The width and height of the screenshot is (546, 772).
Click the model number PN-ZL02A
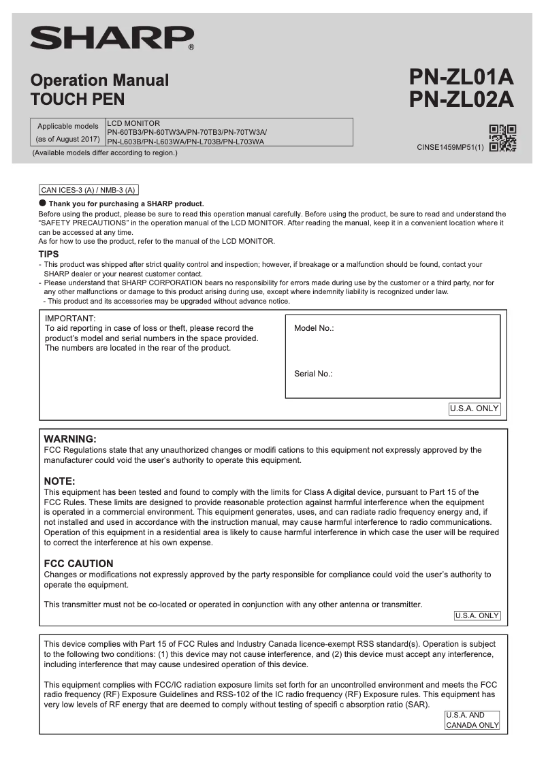tap(461, 100)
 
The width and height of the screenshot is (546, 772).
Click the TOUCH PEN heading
tap(78, 99)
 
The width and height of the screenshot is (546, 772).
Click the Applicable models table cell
tap(67, 132)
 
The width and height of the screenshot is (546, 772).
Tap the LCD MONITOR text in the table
tap(133, 123)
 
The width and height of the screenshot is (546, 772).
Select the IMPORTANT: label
tap(70, 318)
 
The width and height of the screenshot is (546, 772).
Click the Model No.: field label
tap(314, 328)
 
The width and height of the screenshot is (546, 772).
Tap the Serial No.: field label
tap(313, 374)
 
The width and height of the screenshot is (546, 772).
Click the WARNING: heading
tap(70, 439)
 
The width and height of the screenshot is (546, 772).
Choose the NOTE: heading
tap(59, 481)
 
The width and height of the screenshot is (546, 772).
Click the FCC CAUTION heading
tap(78, 564)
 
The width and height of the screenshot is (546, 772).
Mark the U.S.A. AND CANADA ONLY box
tap(472, 720)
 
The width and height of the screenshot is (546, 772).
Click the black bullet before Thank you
tap(42, 203)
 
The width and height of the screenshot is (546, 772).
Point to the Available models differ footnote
tap(105, 152)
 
